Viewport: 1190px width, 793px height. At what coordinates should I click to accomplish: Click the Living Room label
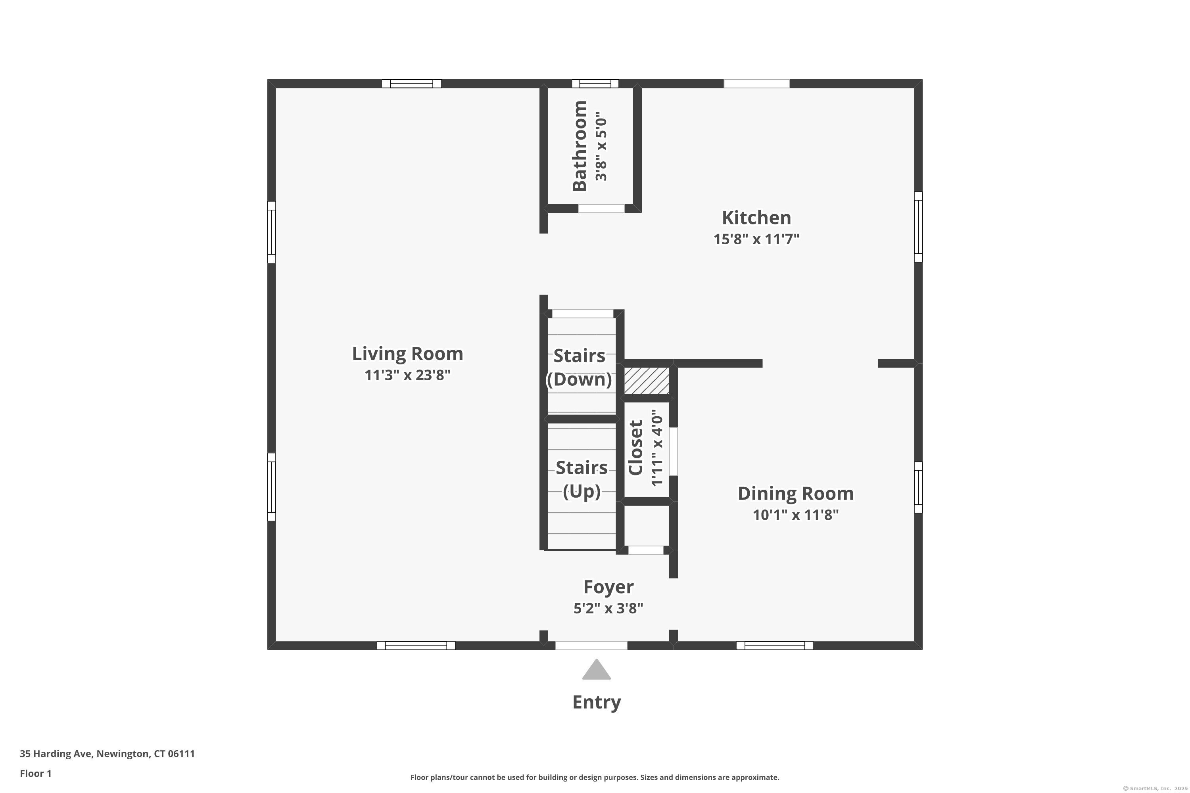(x=407, y=354)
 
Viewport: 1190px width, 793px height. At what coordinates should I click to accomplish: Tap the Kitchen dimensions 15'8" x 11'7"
(x=756, y=239)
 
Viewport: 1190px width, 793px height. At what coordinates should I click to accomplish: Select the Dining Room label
(x=795, y=494)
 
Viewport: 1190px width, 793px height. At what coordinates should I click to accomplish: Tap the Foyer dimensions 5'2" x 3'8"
(x=608, y=608)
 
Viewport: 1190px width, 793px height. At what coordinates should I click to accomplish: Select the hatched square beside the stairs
(x=646, y=381)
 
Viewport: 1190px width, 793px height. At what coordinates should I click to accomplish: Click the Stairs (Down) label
(x=579, y=368)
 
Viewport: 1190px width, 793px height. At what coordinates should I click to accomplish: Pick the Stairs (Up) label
(x=582, y=479)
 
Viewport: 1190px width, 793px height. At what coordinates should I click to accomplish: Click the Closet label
(x=635, y=448)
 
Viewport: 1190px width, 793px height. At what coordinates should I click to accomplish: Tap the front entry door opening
(x=591, y=646)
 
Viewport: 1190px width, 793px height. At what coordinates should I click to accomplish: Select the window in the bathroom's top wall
(x=595, y=84)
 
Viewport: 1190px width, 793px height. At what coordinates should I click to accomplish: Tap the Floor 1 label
(x=35, y=773)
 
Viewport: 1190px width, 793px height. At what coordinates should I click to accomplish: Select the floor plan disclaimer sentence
(x=595, y=777)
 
